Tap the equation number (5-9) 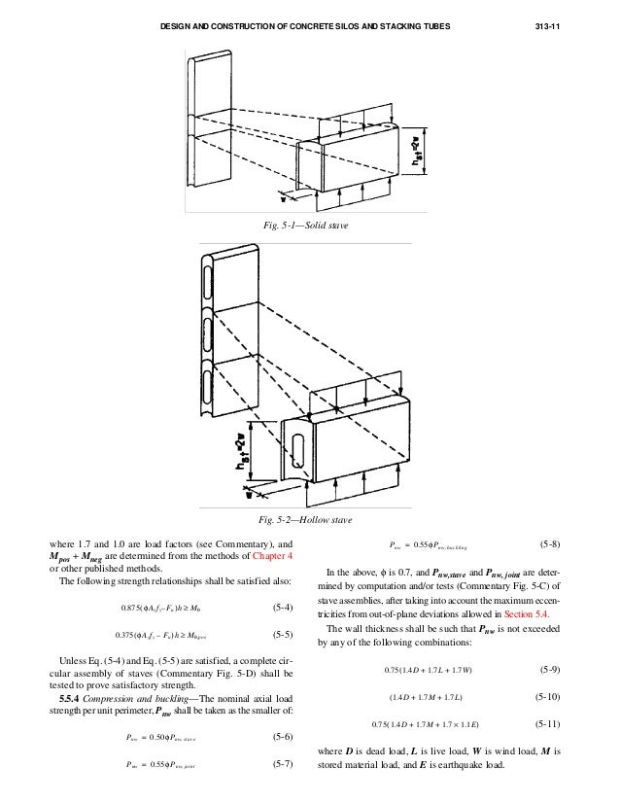click(x=547, y=671)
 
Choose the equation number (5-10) click(x=547, y=697)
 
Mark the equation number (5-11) click(x=547, y=724)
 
